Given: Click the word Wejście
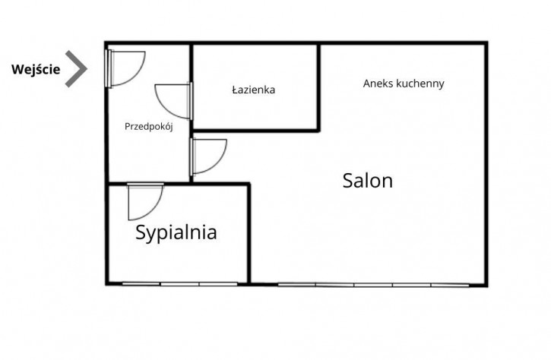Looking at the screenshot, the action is click(x=36, y=69).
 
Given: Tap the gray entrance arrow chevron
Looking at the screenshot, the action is click(x=76, y=69).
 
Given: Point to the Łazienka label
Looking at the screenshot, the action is click(x=254, y=90).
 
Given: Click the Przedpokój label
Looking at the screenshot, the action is click(x=149, y=126).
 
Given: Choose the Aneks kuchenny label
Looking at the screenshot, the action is click(x=404, y=84).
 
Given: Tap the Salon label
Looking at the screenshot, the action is click(x=368, y=181).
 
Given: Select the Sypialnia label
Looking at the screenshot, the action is click(x=176, y=233).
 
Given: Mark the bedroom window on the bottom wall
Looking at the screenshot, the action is click(x=179, y=284).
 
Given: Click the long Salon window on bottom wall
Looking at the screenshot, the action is click(x=373, y=285).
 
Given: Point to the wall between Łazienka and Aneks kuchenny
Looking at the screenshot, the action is click(x=318, y=87).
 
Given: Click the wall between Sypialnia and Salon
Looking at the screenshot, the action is click(x=249, y=233).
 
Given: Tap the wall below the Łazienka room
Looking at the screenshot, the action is click(x=255, y=131).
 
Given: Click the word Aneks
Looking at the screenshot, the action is click(x=378, y=84).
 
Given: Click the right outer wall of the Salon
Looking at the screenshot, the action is click(x=486, y=164).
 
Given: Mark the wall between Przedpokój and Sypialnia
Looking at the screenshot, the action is click(x=149, y=183).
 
